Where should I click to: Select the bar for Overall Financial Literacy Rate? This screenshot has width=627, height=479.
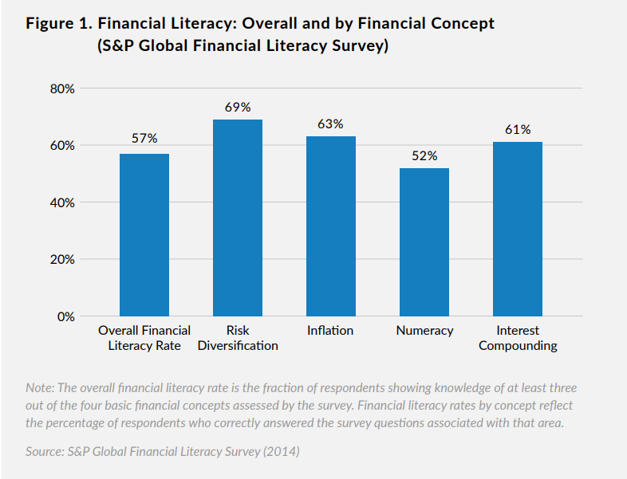pyautogui.click(x=144, y=235)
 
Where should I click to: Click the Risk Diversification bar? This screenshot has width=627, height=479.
pyautogui.click(x=237, y=218)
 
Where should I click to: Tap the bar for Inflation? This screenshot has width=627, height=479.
pyautogui.click(x=330, y=226)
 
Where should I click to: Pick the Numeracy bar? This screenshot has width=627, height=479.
pyautogui.click(x=424, y=242)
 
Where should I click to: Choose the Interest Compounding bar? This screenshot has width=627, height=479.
pyautogui.click(x=517, y=230)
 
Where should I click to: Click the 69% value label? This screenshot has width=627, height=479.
pyautogui.click(x=237, y=107)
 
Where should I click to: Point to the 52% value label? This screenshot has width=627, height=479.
pyautogui.click(x=424, y=155)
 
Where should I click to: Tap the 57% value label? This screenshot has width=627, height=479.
pyautogui.click(x=144, y=139)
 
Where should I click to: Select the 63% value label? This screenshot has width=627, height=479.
pyautogui.click(x=330, y=124)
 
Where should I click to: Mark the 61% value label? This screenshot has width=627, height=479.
pyautogui.click(x=517, y=129)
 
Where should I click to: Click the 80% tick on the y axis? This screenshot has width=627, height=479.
pyautogui.click(x=61, y=88)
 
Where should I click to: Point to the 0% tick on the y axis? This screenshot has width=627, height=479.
pyautogui.click(x=65, y=316)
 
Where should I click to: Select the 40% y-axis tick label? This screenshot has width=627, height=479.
pyautogui.click(x=61, y=202)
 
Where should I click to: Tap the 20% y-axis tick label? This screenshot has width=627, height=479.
pyautogui.click(x=61, y=260)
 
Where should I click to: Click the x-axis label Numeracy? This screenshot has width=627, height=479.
pyautogui.click(x=424, y=331)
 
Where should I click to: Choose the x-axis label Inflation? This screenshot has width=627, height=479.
pyautogui.click(x=330, y=331)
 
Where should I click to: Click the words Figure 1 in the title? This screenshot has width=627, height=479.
pyautogui.click(x=58, y=24)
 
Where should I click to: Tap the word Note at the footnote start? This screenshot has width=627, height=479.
pyautogui.click(x=40, y=387)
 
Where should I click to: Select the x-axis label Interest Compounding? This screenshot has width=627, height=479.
pyautogui.click(x=517, y=338)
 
